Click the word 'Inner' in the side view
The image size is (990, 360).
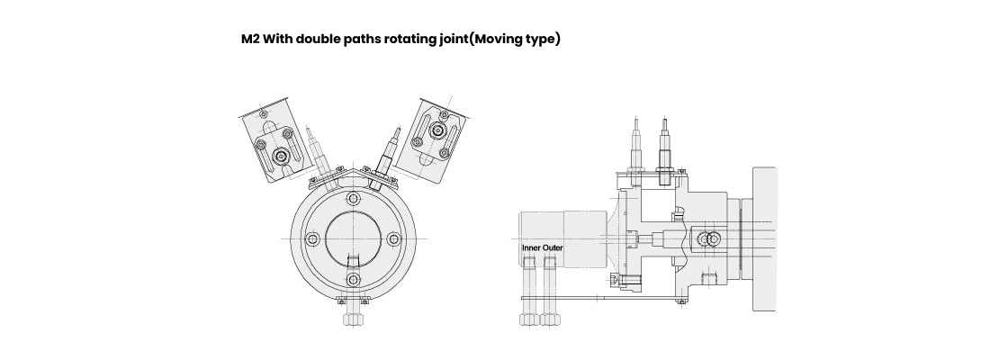pyautogui.click(x=531, y=248)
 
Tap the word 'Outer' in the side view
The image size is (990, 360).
pyautogui.click(x=553, y=248)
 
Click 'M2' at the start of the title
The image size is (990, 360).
pyautogui.click(x=250, y=40)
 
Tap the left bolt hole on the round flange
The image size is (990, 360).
pyautogui.click(x=312, y=238)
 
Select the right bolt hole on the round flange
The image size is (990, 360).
pyautogui.click(x=394, y=238)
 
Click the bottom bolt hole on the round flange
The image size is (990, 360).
pyautogui.click(x=354, y=279)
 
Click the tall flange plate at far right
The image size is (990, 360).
pyautogui.click(x=764, y=238)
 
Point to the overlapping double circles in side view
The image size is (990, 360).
pyautogui.click(x=709, y=239)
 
